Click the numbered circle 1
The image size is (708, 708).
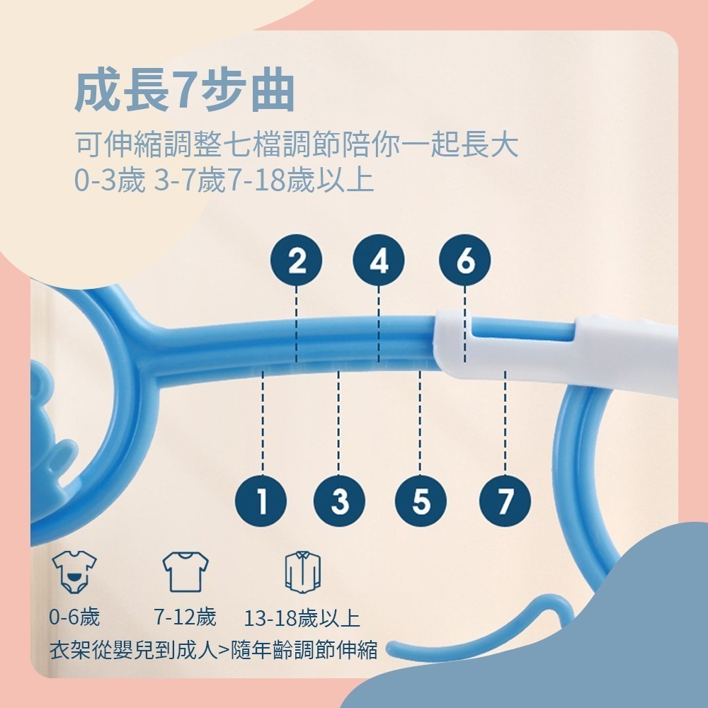pos(263,501)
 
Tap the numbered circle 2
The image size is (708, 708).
pos(297,261)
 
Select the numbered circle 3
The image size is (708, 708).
pos(340,501)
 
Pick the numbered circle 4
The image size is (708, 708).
pos(379,261)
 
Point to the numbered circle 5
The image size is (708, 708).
pos(421,501)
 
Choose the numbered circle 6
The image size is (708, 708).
pos(464,261)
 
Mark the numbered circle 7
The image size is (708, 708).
pos(505,501)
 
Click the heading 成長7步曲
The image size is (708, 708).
pos(184,91)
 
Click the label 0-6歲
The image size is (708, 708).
pos(74,617)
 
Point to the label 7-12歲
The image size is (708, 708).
pos(185,617)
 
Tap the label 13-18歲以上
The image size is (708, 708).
pos(302,619)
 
